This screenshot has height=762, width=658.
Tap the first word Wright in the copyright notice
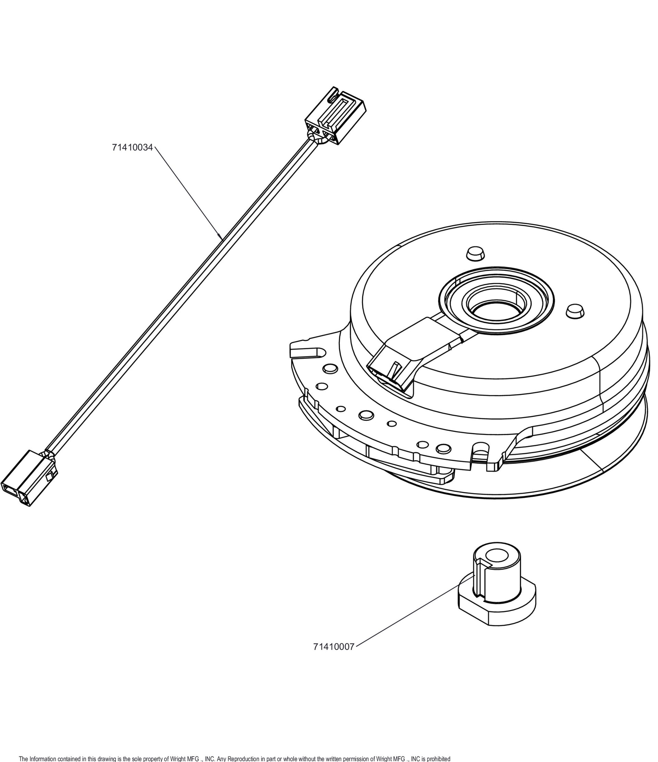179,758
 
